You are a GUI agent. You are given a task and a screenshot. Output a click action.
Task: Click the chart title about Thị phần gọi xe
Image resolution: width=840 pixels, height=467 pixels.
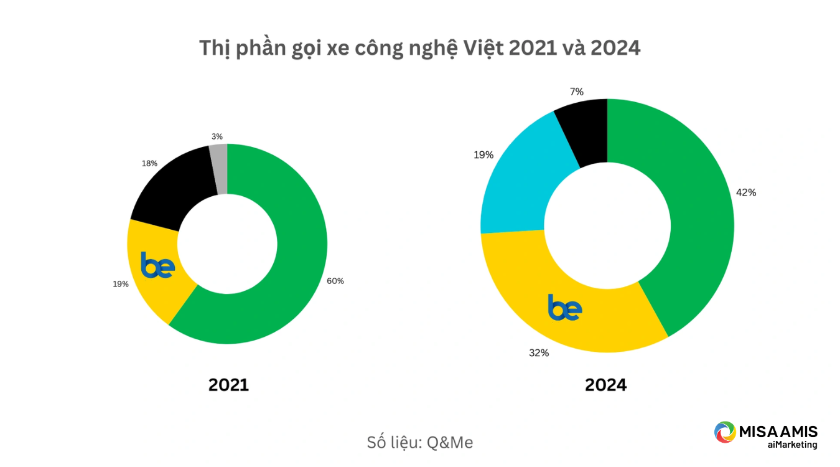point(419,49)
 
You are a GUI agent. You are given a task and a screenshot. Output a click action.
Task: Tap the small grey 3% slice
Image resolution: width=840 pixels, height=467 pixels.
point(219,169)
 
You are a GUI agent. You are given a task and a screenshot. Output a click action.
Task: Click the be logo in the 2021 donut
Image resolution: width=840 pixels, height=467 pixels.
point(157,265)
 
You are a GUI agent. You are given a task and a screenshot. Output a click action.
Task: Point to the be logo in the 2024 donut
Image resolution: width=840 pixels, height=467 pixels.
point(565,308)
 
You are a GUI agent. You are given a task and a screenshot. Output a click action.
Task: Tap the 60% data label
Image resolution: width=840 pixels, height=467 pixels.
point(335,281)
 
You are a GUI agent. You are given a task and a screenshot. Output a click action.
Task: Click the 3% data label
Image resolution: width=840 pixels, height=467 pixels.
point(217,136)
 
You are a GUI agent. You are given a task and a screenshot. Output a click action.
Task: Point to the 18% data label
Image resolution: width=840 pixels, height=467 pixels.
point(149,163)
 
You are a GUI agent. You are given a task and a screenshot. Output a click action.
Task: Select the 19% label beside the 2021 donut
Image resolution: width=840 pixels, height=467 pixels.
point(121,284)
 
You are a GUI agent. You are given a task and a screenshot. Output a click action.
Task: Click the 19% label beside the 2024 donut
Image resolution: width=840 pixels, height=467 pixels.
point(483,154)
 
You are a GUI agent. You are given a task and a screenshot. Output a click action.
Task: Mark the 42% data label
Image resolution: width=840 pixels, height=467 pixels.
point(746,192)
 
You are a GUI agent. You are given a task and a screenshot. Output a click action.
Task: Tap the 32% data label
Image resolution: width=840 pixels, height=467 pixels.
point(539,353)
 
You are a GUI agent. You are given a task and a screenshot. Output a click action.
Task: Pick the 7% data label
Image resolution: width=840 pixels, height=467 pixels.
point(577,92)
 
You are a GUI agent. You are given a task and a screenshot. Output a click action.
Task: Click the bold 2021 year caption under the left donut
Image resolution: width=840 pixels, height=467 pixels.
point(228,385)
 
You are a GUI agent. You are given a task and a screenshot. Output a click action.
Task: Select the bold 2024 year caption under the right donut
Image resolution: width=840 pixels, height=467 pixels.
point(605,385)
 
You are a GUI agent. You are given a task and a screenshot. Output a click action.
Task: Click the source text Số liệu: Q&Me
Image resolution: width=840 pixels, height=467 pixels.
point(419,443)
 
